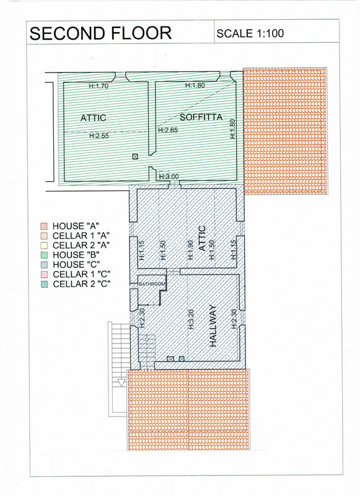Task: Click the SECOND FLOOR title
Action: (x=100, y=33)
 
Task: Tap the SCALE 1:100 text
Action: (x=250, y=33)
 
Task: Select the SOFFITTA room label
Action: (x=201, y=117)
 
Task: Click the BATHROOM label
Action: (x=152, y=284)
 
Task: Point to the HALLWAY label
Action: (x=213, y=325)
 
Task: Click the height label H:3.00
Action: (x=169, y=177)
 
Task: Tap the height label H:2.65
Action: (x=168, y=130)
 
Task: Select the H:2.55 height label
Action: (x=99, y=136)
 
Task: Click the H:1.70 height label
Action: (x=99, y=86)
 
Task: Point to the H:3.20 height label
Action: (x=191, y=319)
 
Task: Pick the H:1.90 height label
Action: (x=190, y=250)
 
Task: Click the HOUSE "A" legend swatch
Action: (x=44, y=226)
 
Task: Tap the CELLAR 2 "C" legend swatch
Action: (x=44, y=284)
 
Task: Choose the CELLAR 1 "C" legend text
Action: (x=82, y=274)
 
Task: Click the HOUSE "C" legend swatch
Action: (x=44, y=265)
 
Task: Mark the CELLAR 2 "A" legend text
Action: (x=81, y=246)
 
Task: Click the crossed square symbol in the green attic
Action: (x=135, y=156)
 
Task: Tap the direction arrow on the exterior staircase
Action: (x=121, y=382)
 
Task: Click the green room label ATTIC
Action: (x=93, y=118)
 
